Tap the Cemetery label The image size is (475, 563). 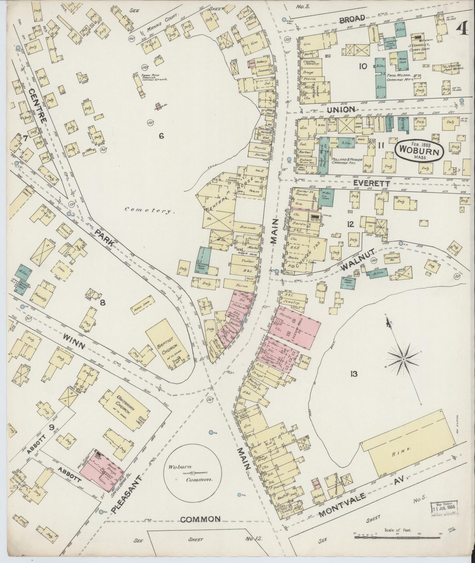(150, 212)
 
